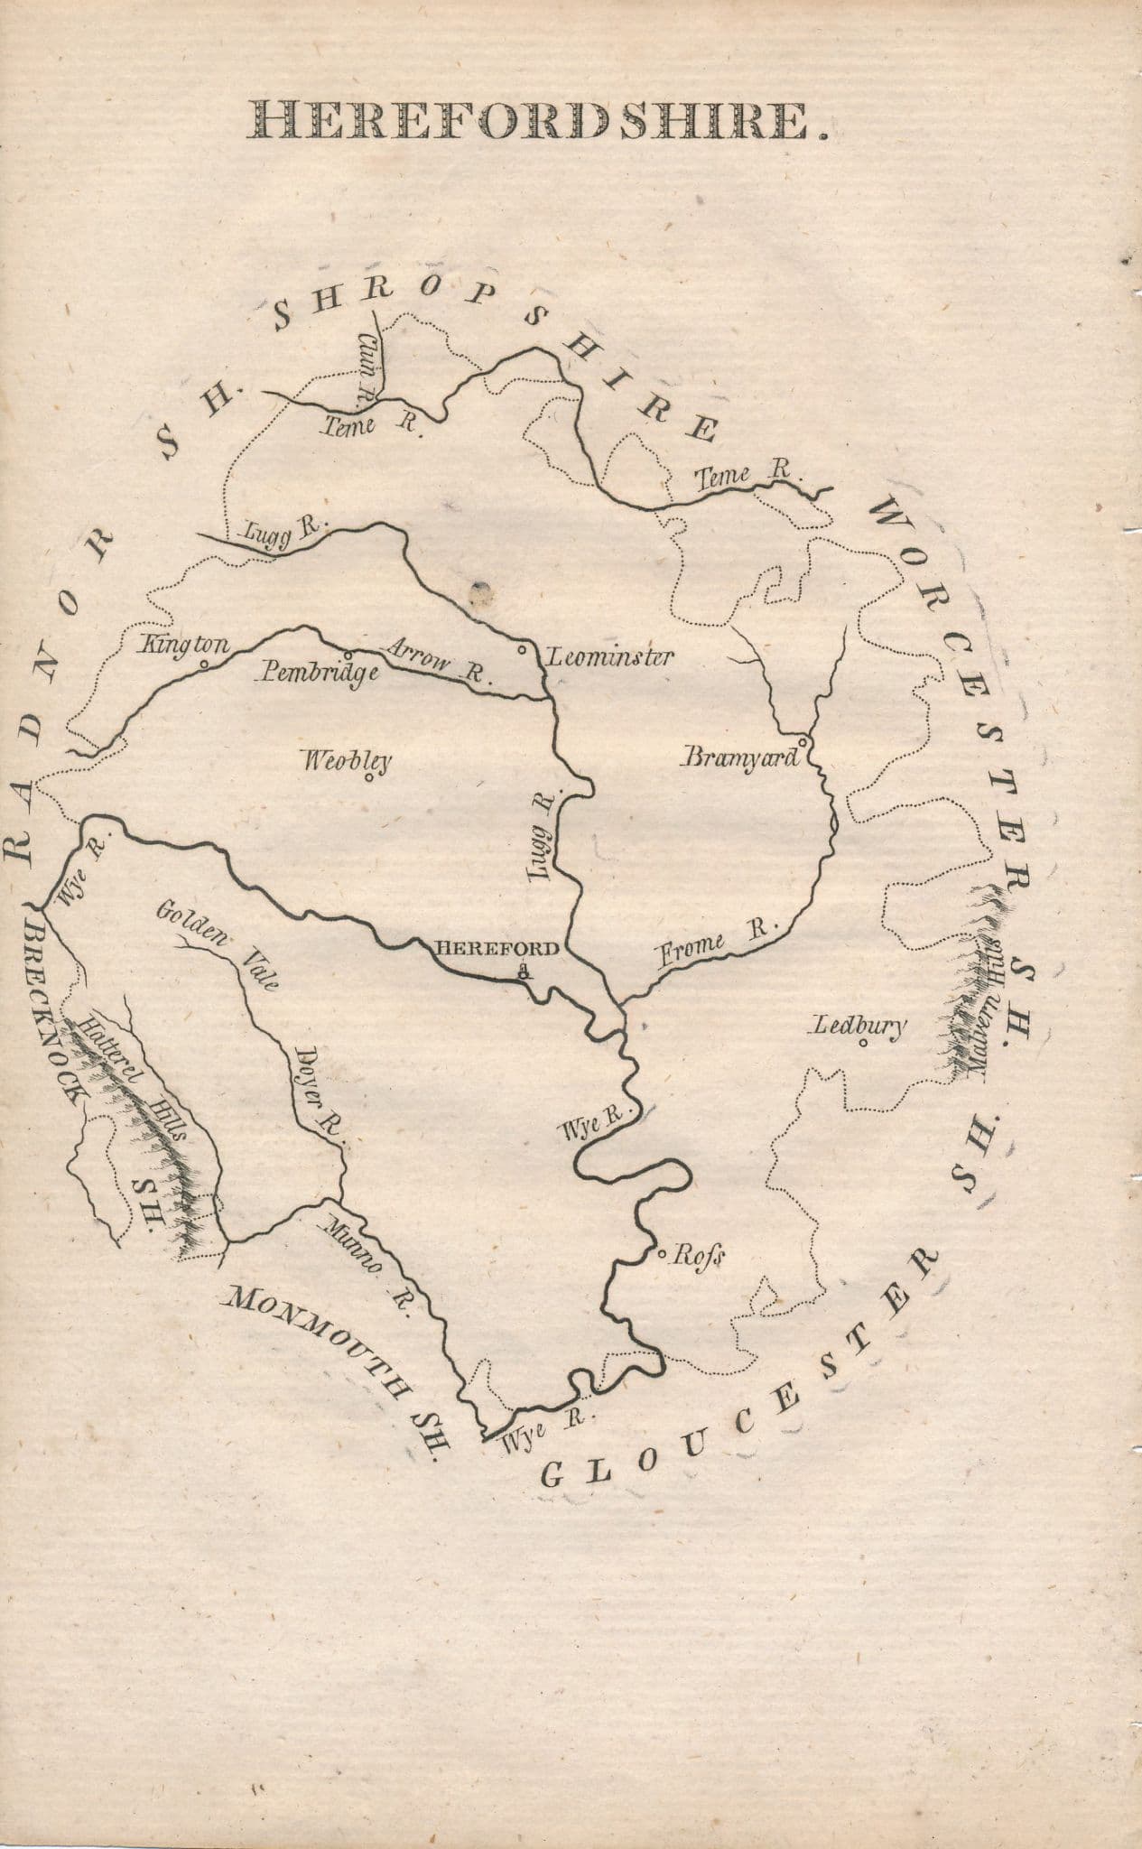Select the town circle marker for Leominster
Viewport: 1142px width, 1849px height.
pos(522,649)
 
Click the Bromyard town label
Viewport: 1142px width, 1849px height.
pos(741,757)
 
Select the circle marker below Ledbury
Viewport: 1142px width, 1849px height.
pos(863,1045)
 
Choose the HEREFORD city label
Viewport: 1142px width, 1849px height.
pos(497,949)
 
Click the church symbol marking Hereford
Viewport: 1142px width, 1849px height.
pos(523,971)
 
